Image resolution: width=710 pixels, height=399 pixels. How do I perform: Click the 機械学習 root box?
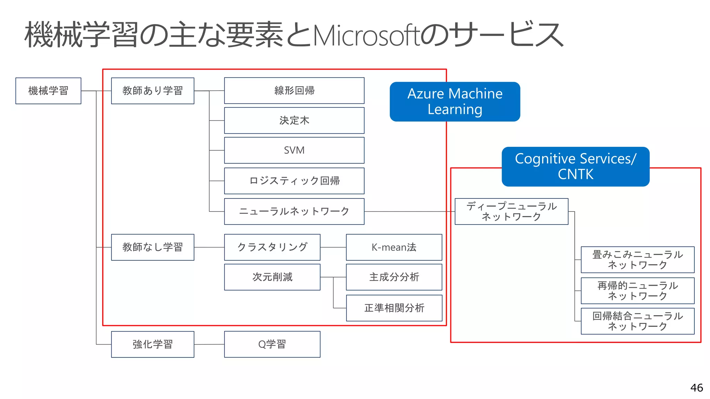click(x=48, y=91)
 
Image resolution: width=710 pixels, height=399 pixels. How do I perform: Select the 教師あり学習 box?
click(x=153, y=91)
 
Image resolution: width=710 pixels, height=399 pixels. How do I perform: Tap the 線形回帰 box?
click(x=294, y=91)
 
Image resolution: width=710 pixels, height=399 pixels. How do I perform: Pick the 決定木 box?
click(x=294, y=121)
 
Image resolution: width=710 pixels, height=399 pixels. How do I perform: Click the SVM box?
click(x=294, y=150)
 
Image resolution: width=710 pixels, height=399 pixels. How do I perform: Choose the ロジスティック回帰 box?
click(x=294, y=181)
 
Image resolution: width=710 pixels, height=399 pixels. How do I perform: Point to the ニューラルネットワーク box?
click(x=294, y=211)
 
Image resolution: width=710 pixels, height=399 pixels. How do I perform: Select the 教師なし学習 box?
click(x=153, y=247)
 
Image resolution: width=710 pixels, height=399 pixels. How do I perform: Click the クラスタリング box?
click(x=272, y=247)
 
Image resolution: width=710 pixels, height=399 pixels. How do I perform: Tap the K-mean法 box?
click(x=394, y=247)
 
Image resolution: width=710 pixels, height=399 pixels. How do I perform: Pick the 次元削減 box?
click(x=272, y=277)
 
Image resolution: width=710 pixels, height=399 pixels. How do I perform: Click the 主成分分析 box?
click(x=394, y=277)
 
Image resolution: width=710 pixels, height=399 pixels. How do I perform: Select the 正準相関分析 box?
click(x=394, y=308)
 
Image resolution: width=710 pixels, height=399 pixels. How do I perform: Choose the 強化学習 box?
click(x=153, y=344)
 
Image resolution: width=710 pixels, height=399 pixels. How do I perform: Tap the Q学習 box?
click(x=272, y=344)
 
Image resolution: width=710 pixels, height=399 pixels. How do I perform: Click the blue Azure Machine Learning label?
click(x=454, y=101)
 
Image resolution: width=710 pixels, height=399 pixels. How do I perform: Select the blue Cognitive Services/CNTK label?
click(x=575, y=167)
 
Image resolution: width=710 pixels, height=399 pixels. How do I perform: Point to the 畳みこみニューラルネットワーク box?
click(x=637, y=260)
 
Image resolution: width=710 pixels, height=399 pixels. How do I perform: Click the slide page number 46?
click(x=696, y=388)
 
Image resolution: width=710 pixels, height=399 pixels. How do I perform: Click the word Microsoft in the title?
click(x=366, y=36)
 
